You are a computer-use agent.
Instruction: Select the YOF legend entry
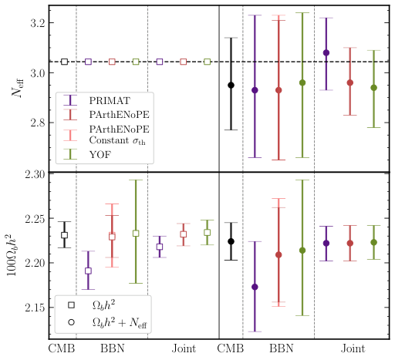pyautogui.click(x=100, y=154)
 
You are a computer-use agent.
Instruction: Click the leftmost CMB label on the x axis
pyautogui.click(x=62, y=348)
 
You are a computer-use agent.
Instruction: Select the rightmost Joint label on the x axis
pyautogui.click(x=353, y=348)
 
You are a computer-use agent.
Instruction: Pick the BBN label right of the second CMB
pyautogui.click(x=281, y=348)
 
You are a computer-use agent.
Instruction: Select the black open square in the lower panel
pyautogui.click(x=64, y=235)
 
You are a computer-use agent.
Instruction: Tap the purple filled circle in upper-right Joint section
pyautogui.click(x=326, y=52)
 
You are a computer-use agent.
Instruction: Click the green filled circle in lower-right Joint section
pyautogui.click(x=375, y=242)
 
